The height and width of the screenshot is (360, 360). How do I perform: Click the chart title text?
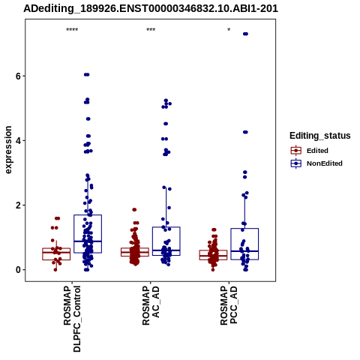[151, 8]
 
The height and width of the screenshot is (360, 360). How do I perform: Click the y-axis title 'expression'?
[8, 150]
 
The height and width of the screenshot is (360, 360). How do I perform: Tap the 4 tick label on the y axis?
[18, 140]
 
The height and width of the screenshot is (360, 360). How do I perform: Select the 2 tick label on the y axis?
[18, 205]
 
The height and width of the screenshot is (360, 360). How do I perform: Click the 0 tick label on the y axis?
[18, 270]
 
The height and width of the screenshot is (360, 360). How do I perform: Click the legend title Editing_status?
[320, 136]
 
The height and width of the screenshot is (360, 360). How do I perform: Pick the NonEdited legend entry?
[316, 163]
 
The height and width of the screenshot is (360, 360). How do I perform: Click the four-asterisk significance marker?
[72, 30]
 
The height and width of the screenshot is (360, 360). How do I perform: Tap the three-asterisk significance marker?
[151, 30]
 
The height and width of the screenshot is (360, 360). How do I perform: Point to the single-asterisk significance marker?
[229, 30]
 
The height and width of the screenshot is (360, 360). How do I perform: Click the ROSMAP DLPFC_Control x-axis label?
[72, 319]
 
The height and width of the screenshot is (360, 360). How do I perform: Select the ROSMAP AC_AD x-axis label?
[151, 306]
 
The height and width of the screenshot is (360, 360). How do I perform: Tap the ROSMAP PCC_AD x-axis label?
[229, 306]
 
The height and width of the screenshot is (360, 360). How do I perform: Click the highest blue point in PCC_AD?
[245, 34]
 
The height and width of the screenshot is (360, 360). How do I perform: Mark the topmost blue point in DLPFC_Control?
[87, 74]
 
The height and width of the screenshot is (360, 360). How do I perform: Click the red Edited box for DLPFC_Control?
[56, 254]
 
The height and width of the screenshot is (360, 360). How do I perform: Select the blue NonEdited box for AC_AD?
[166, 241]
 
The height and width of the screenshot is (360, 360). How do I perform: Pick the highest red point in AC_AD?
[134, 210]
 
